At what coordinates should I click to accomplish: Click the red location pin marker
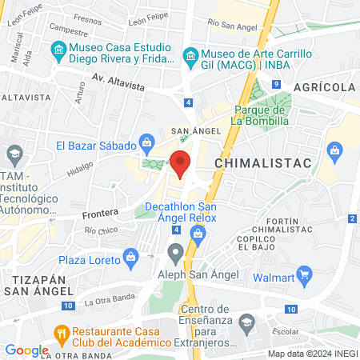181,163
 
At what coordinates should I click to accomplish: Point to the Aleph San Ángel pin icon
175,254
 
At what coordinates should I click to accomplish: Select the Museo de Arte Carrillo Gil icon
191,54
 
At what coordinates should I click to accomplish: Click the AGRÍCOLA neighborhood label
323,86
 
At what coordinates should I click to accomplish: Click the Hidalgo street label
80,170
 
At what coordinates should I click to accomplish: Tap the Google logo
26,350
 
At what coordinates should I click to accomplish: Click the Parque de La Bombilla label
261,116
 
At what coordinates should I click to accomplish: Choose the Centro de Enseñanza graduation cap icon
247,323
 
